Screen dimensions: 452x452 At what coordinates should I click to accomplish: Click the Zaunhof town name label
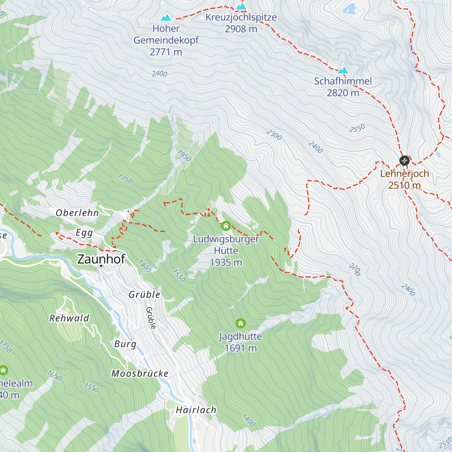coord(101,259)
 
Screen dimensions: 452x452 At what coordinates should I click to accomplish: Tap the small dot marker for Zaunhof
coord(101,266)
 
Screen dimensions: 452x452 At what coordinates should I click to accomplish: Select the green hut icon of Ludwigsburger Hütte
coord(226,226)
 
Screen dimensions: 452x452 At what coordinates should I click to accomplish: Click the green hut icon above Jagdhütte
coord(240,323)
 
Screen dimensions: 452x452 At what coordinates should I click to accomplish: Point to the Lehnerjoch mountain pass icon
coord(404,161)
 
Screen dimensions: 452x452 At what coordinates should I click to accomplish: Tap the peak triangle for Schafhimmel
coord(343,70)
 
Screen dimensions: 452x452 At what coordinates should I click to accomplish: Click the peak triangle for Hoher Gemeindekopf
coord(166,18)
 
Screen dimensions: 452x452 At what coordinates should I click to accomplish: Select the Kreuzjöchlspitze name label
coord(241,17)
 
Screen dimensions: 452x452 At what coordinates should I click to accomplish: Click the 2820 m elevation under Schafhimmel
coord(343,93)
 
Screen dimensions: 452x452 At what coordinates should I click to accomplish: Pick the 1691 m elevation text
coord(240,348)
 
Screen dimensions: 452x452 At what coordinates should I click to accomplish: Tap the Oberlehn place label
coord(77,213)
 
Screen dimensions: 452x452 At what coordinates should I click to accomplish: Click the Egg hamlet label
coord(84,233)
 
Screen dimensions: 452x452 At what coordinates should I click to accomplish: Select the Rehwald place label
coord(69,318)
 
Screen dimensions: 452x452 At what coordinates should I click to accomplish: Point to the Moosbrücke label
coord(140,373)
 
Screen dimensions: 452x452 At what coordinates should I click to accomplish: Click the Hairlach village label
coord(196,410)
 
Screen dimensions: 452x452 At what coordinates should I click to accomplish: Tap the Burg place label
coord(125,344)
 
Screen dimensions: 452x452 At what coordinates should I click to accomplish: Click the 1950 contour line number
coord(184,156)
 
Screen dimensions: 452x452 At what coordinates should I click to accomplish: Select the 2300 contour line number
coord(274,135)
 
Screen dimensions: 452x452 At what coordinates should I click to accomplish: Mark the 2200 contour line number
coord(354,270)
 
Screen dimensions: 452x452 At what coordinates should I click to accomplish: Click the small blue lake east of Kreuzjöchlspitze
coord(350,8)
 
